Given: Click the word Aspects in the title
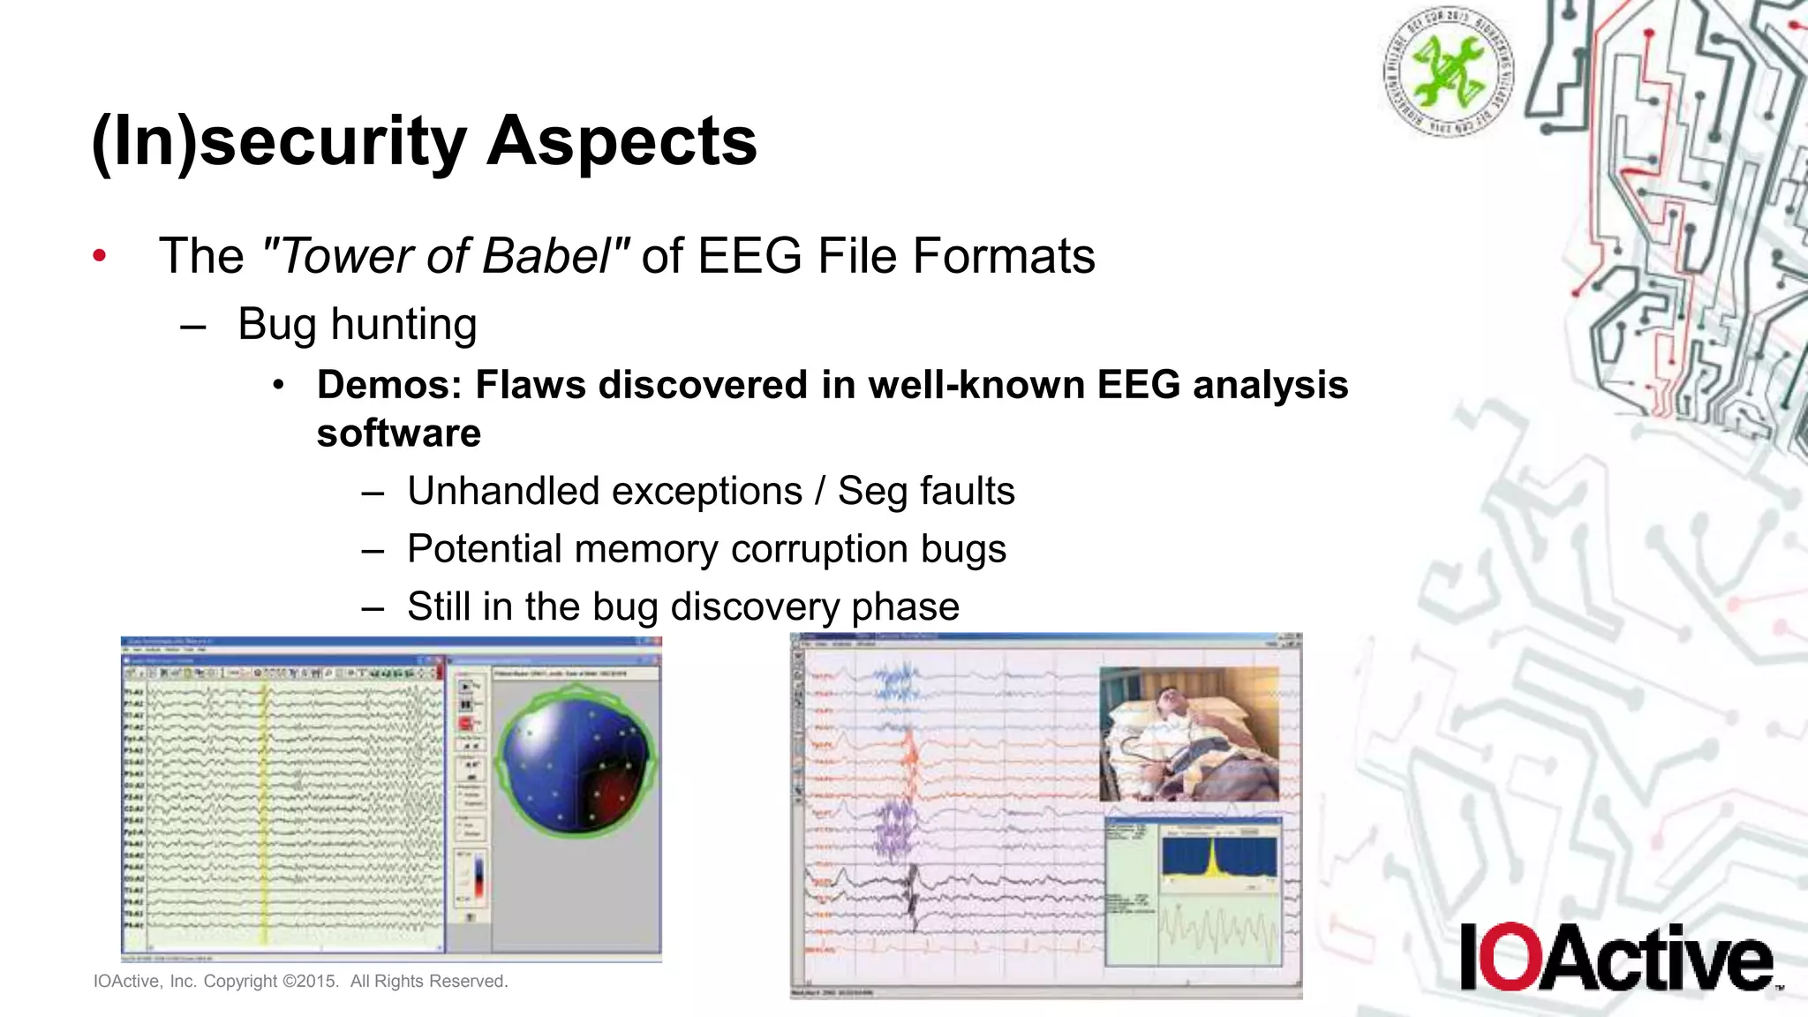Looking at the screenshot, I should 621,141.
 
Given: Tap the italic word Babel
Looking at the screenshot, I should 546,257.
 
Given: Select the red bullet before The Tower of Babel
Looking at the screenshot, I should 100,257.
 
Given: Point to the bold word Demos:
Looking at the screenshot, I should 388,386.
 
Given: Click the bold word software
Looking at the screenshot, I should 399,433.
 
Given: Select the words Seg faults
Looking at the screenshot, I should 925,492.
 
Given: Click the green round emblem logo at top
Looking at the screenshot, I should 1448,72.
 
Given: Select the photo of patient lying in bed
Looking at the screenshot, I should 1188,734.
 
